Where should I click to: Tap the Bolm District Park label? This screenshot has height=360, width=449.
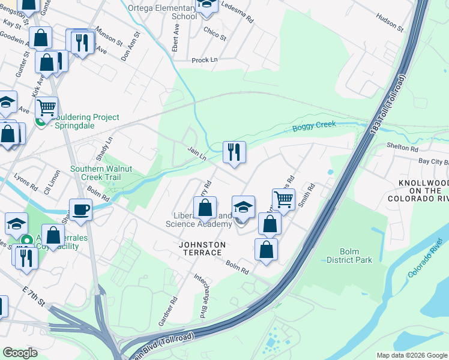(349, 256)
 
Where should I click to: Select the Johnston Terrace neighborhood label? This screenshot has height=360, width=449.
(202, 245)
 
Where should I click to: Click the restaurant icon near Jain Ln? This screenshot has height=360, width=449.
(234, 151)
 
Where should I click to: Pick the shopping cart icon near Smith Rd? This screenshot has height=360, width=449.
(283, 199)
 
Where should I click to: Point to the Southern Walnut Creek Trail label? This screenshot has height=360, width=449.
(95, 173)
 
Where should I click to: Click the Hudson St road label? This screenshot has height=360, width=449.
(391, 23)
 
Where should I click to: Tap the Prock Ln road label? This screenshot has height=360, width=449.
(204, 61)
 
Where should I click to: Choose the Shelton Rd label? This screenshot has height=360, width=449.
(402, 148)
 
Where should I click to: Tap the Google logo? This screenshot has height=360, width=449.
(20, 353)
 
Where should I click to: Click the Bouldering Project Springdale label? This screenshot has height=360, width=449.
(78, 122)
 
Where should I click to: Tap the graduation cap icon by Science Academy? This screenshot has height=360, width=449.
(243, 207)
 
